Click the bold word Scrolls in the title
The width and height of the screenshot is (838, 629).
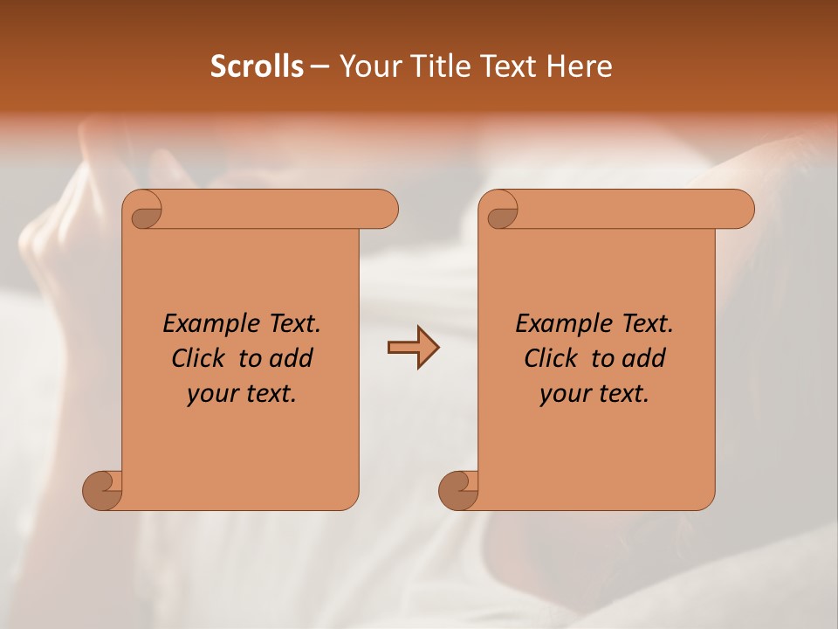tap(257, 66)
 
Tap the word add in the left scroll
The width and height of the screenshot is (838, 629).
tap(292, 358)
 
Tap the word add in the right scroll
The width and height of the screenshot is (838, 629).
tap(645, 358)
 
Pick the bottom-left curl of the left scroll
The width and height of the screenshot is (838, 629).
tap(103, 490)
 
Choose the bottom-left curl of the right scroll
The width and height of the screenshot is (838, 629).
tap(458, 490)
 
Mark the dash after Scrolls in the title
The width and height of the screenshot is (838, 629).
tap(319, 66)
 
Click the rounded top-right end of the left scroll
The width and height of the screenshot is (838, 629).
tap(384, 209)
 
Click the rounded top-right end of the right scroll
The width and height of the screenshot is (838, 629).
tap(740, 209)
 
